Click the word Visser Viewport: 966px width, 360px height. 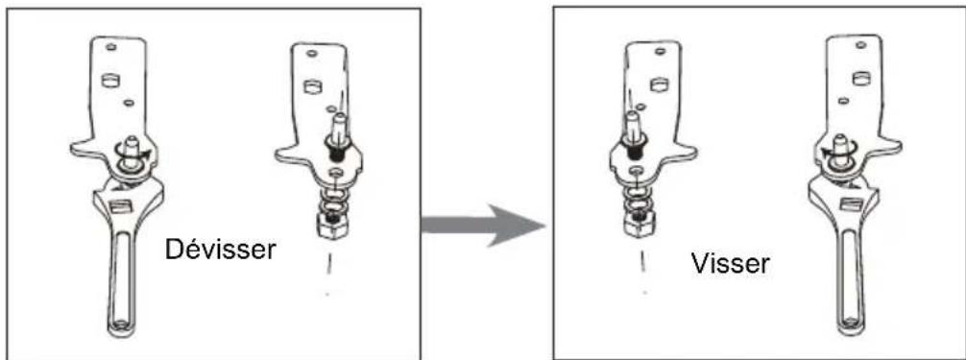pyautogui.click(x=731, y=263)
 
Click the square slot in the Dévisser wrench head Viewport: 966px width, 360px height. pyautogui.click(x=118, y=204)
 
